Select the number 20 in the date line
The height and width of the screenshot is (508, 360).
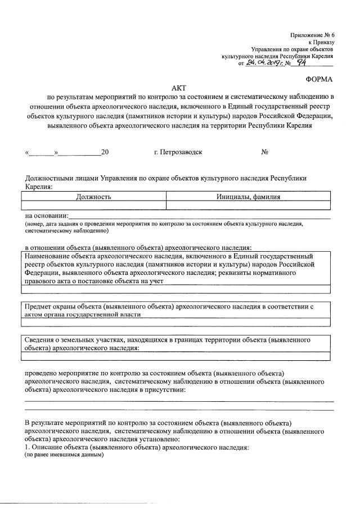tap(105, 152)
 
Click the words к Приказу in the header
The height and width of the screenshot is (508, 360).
tap(321, 42)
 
